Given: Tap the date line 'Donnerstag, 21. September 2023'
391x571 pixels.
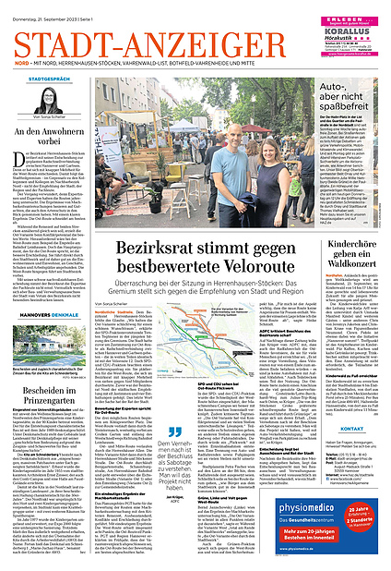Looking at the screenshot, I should (41, 7).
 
